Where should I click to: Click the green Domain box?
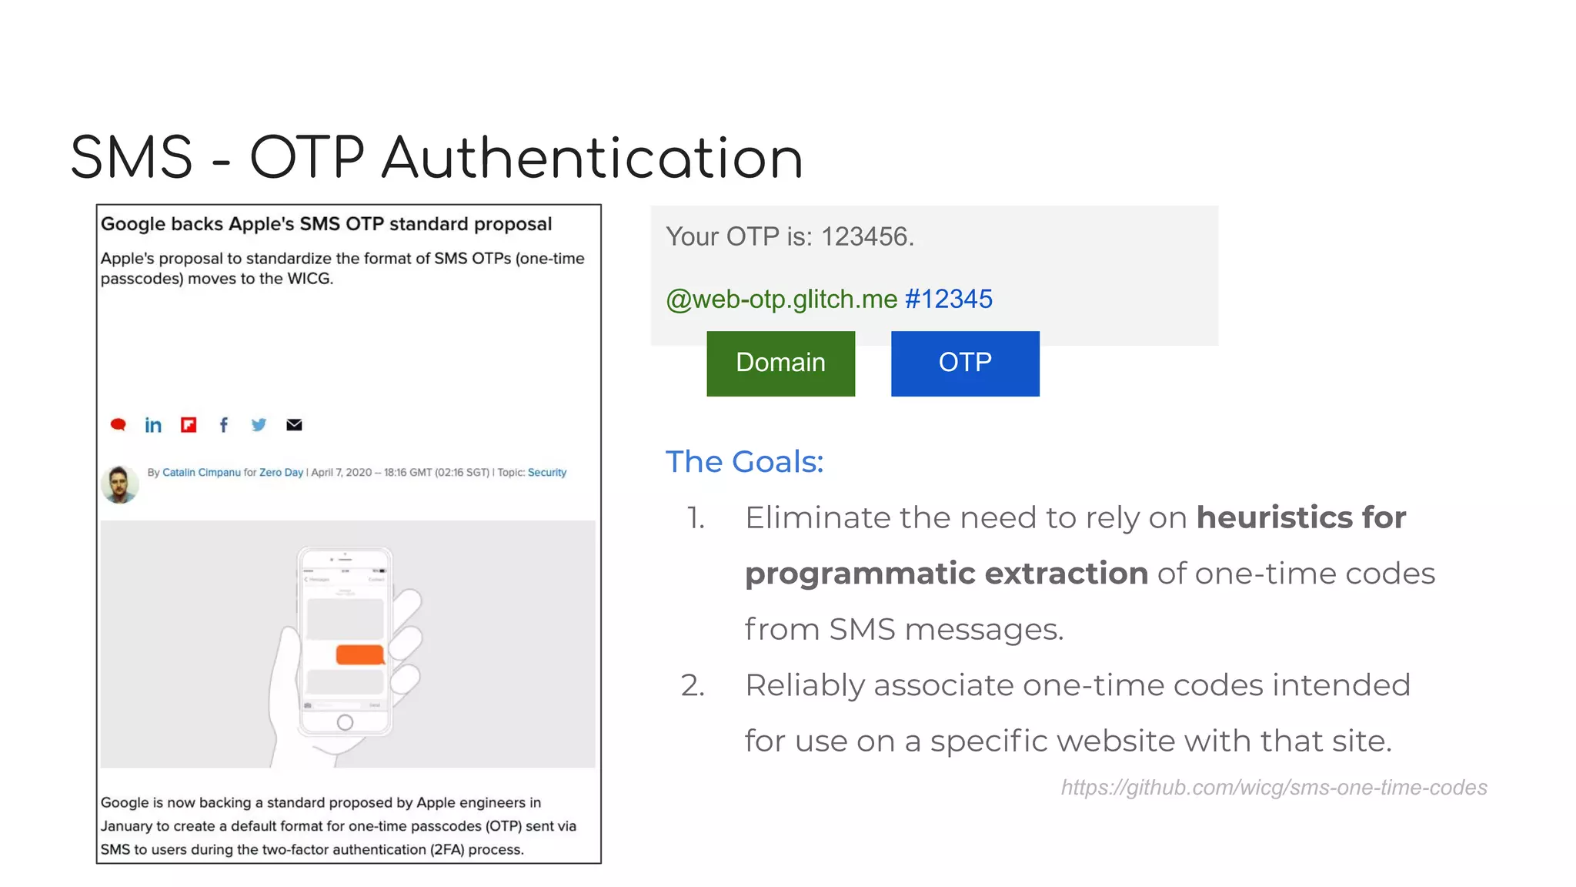pyautogui.click(x=780, y=363)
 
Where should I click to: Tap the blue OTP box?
pyautogui.click(x=965, y=363)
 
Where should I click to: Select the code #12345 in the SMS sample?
pyautogui.click(x=949, y=299)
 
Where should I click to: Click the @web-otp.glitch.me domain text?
pyautogui.click(x=782, y=299)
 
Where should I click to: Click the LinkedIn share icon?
pyautogui.click(x=153, y=425)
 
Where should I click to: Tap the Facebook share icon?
pyautogui.click(x=223, y=425)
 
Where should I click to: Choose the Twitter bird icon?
pyautogui.click(x=259, y=425)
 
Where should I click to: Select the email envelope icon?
pyautogui.click(x=294, y=425)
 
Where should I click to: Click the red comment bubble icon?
pyautogui.click(x=118, y=425)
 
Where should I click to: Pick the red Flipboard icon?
pyautogui.click(x=189, y=425)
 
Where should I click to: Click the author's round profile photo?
pyautogui.click(x=119, y=484)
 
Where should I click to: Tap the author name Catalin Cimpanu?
pyautogui.click(x=202, y=473)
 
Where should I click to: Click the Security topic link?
pyautogui.click(x=547, y=473)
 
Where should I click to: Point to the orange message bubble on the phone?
pyautogui.click(x=360, y=654)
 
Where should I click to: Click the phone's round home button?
pyautogui.click(x=346, y=722)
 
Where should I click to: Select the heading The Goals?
pyautogui.click(x=744, y=462)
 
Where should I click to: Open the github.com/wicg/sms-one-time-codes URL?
pyautogui.click(x=1274, y=788)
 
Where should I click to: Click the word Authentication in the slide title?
pyautogui.click(x=592, y=158)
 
